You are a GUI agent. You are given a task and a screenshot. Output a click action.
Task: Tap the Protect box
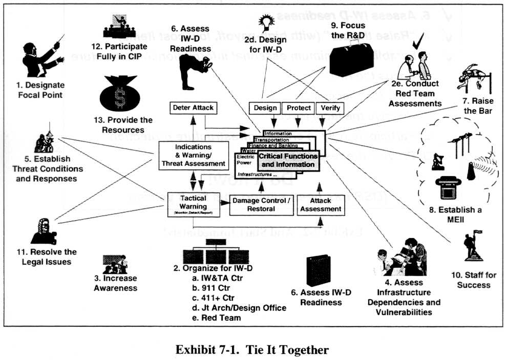click(x=299, y=108)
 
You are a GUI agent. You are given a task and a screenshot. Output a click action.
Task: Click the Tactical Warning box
click(x=194, y=203)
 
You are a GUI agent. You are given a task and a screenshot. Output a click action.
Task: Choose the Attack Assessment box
click(x=321, y=205)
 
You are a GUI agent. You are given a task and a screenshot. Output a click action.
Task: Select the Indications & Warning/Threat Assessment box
click(x=194, y=155)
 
